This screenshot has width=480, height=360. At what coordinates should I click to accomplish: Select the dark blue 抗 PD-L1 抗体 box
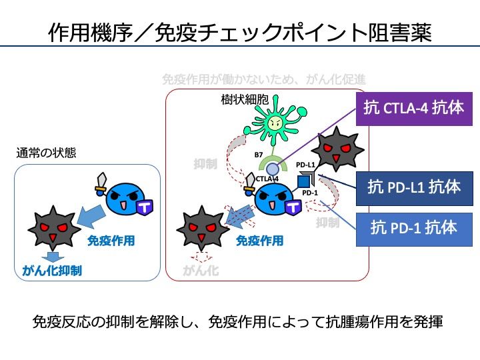coord(414,187)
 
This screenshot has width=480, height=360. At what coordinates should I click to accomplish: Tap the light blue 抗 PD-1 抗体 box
coord(414,229)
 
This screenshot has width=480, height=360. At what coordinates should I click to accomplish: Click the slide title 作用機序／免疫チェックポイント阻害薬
coord(240,31)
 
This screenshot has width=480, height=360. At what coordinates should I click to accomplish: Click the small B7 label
coord(259,155)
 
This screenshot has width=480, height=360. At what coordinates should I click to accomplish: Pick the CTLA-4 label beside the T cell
coord(267,179)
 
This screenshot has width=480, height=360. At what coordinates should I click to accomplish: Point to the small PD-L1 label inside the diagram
coord(305,164)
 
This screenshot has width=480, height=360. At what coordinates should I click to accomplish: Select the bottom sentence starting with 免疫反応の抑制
coord(238,322)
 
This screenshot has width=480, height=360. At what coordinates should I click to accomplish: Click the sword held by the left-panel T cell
coord(102,182)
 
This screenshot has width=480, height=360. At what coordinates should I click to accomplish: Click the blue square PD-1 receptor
coord(305,180)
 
